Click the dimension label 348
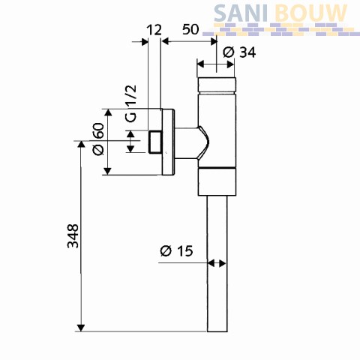[73, 236]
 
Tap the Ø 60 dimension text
[98, 139]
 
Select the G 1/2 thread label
[131, 103]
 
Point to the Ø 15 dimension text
[176, 250]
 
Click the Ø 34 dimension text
[239, 52]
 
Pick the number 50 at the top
[190, 29]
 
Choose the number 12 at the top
[154, 30]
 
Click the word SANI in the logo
[241, 13]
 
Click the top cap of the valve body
[217, 85]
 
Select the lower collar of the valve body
[217, 181]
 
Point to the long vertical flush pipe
[217, 263]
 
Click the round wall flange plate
[168, 142]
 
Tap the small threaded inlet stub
[155, 142]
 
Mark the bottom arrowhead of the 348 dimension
[81, 328]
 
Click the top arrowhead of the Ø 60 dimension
[108, 112]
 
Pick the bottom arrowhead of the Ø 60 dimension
[107, 171]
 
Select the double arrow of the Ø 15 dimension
[217, 263]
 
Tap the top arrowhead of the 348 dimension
[81, 145]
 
